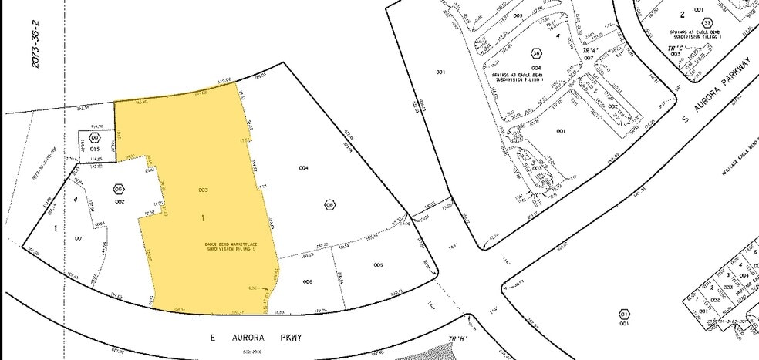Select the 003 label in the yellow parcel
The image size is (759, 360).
click(204, 190)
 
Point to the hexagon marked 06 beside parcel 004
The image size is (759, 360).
click(329, 204)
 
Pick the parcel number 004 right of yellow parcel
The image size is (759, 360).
click(304, 167)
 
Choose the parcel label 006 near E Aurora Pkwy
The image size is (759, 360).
click(307, 282)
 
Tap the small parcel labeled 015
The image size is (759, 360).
click(95, 148)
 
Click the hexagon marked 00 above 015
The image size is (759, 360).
click(95, 137)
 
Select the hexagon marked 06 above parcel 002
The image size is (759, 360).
click(119, 189)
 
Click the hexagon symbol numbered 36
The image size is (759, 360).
click(535, 53)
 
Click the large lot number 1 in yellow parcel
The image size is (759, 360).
click(204, 219)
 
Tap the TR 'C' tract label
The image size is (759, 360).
click(676, 48)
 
